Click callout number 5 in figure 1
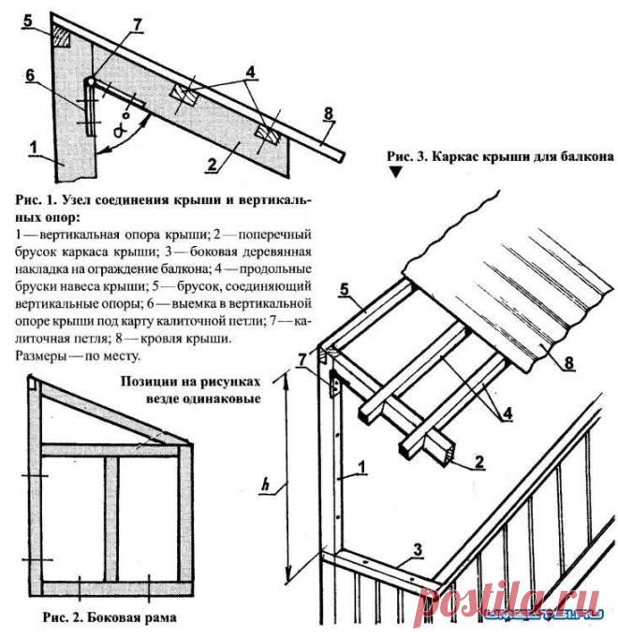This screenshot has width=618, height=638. click(x=28, y=19)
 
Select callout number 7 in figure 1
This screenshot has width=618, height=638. click(x=138, y=22)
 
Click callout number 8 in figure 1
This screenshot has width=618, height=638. click(x=329, y=114)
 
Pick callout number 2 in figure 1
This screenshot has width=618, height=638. click(x=214, y=162)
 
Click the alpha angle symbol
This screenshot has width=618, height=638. click(x=120, y=131)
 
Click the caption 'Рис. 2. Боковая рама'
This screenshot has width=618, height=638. click(x=110, y=617)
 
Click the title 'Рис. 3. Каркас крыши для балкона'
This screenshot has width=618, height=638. click(x=498, y=154)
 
